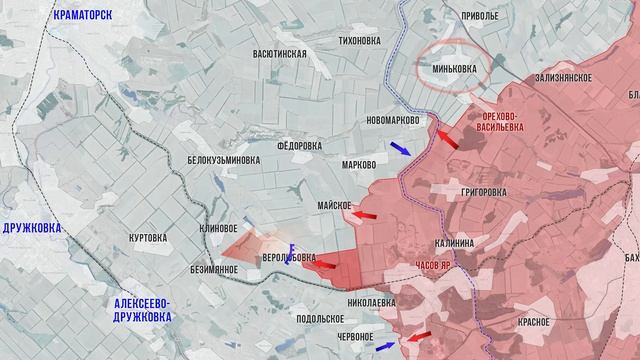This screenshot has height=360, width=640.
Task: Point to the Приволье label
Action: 478,17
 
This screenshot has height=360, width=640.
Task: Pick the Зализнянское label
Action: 564,77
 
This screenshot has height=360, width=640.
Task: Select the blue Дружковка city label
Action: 31,228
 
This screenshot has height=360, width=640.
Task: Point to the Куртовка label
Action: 147,238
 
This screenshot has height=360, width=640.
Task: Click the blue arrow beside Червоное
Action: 385,345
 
